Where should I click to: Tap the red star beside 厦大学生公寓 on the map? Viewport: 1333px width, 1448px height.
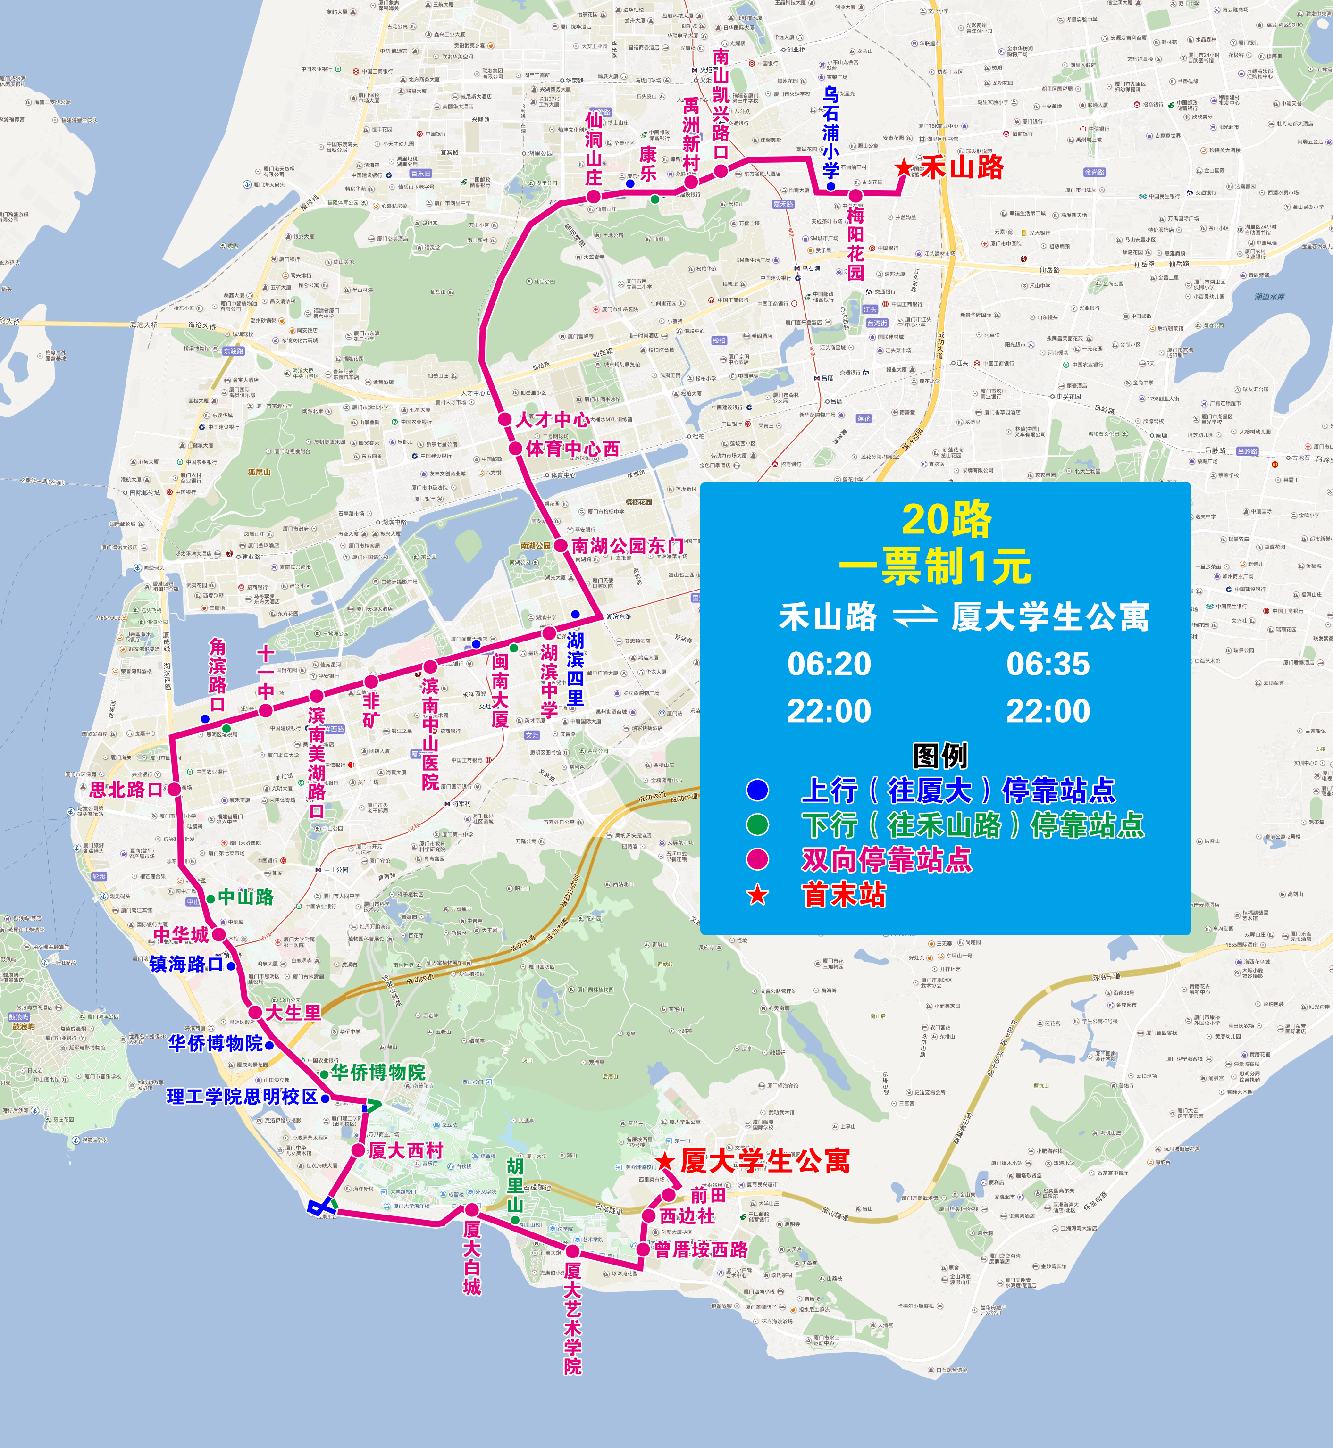tap(664, 1162)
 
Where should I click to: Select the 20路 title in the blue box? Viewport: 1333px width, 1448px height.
tap(947, 519)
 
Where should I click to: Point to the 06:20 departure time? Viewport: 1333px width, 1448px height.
tap(829, 664)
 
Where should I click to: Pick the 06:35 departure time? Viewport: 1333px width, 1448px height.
tap(1048, 664)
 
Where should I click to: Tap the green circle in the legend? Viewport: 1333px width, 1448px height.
tap(757, 824)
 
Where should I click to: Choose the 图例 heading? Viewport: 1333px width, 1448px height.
tap(940, 756)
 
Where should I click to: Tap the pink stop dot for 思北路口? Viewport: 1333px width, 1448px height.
tap(174, 790)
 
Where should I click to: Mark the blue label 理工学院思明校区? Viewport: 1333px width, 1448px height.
tap(243, 1097)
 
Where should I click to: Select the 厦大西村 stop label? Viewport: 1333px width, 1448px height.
tap(405, 1150)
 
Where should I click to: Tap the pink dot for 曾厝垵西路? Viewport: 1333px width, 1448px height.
tap(643, 1248)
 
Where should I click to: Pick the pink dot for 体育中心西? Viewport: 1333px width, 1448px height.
tap(515, 449)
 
